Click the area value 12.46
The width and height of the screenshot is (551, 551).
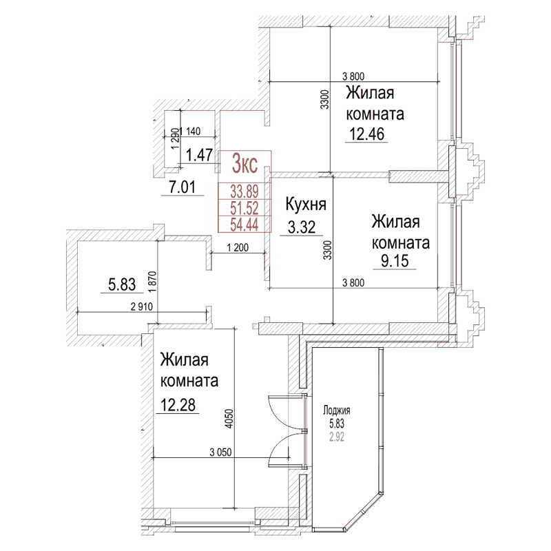tap(366, 133)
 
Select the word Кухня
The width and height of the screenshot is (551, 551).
tap(305, 205)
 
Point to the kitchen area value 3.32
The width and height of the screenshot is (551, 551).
tap(301, 227)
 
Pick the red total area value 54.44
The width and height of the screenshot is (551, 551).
tap(245, 224)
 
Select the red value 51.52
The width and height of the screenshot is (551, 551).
tap(245, 208)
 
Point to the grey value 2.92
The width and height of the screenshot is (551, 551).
tap(337, 435)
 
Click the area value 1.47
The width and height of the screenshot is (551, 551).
tap(199, 155)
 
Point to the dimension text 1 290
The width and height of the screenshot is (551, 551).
tap(176, 139)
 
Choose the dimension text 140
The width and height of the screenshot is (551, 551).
tap(194, 131)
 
